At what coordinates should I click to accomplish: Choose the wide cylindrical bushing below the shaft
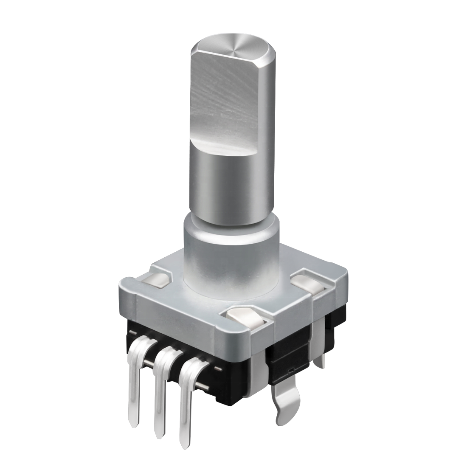pos(229,259)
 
